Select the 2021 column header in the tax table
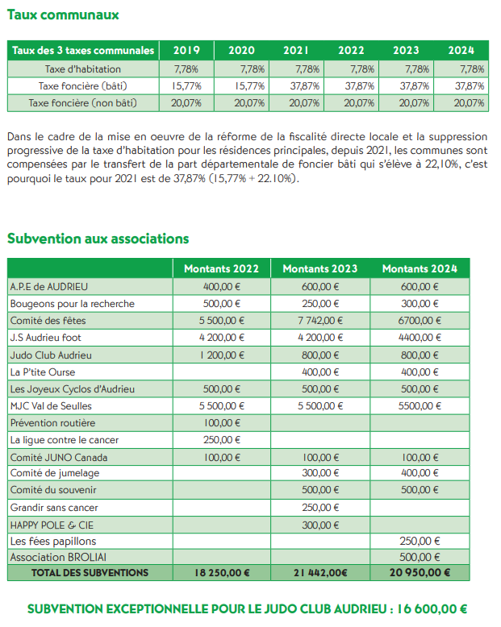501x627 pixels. tap(296, 50)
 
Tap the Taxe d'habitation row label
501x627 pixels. tap(82, 68)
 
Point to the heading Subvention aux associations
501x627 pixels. tap(98, 239)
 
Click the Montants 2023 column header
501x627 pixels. tap(320, 268)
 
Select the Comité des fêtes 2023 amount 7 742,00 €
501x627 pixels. tap(321, 320)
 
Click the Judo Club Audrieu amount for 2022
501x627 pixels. tap(222, 355)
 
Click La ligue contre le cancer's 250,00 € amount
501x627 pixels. tap(222, 440)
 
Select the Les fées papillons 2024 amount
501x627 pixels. tap(420, 542)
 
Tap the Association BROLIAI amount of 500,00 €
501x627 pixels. tap(420, 558)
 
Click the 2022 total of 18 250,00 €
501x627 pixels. tap(222, 573)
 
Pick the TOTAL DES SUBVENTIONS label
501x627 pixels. tap(90, 573)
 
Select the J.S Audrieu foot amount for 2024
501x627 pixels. tap(420, 337)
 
